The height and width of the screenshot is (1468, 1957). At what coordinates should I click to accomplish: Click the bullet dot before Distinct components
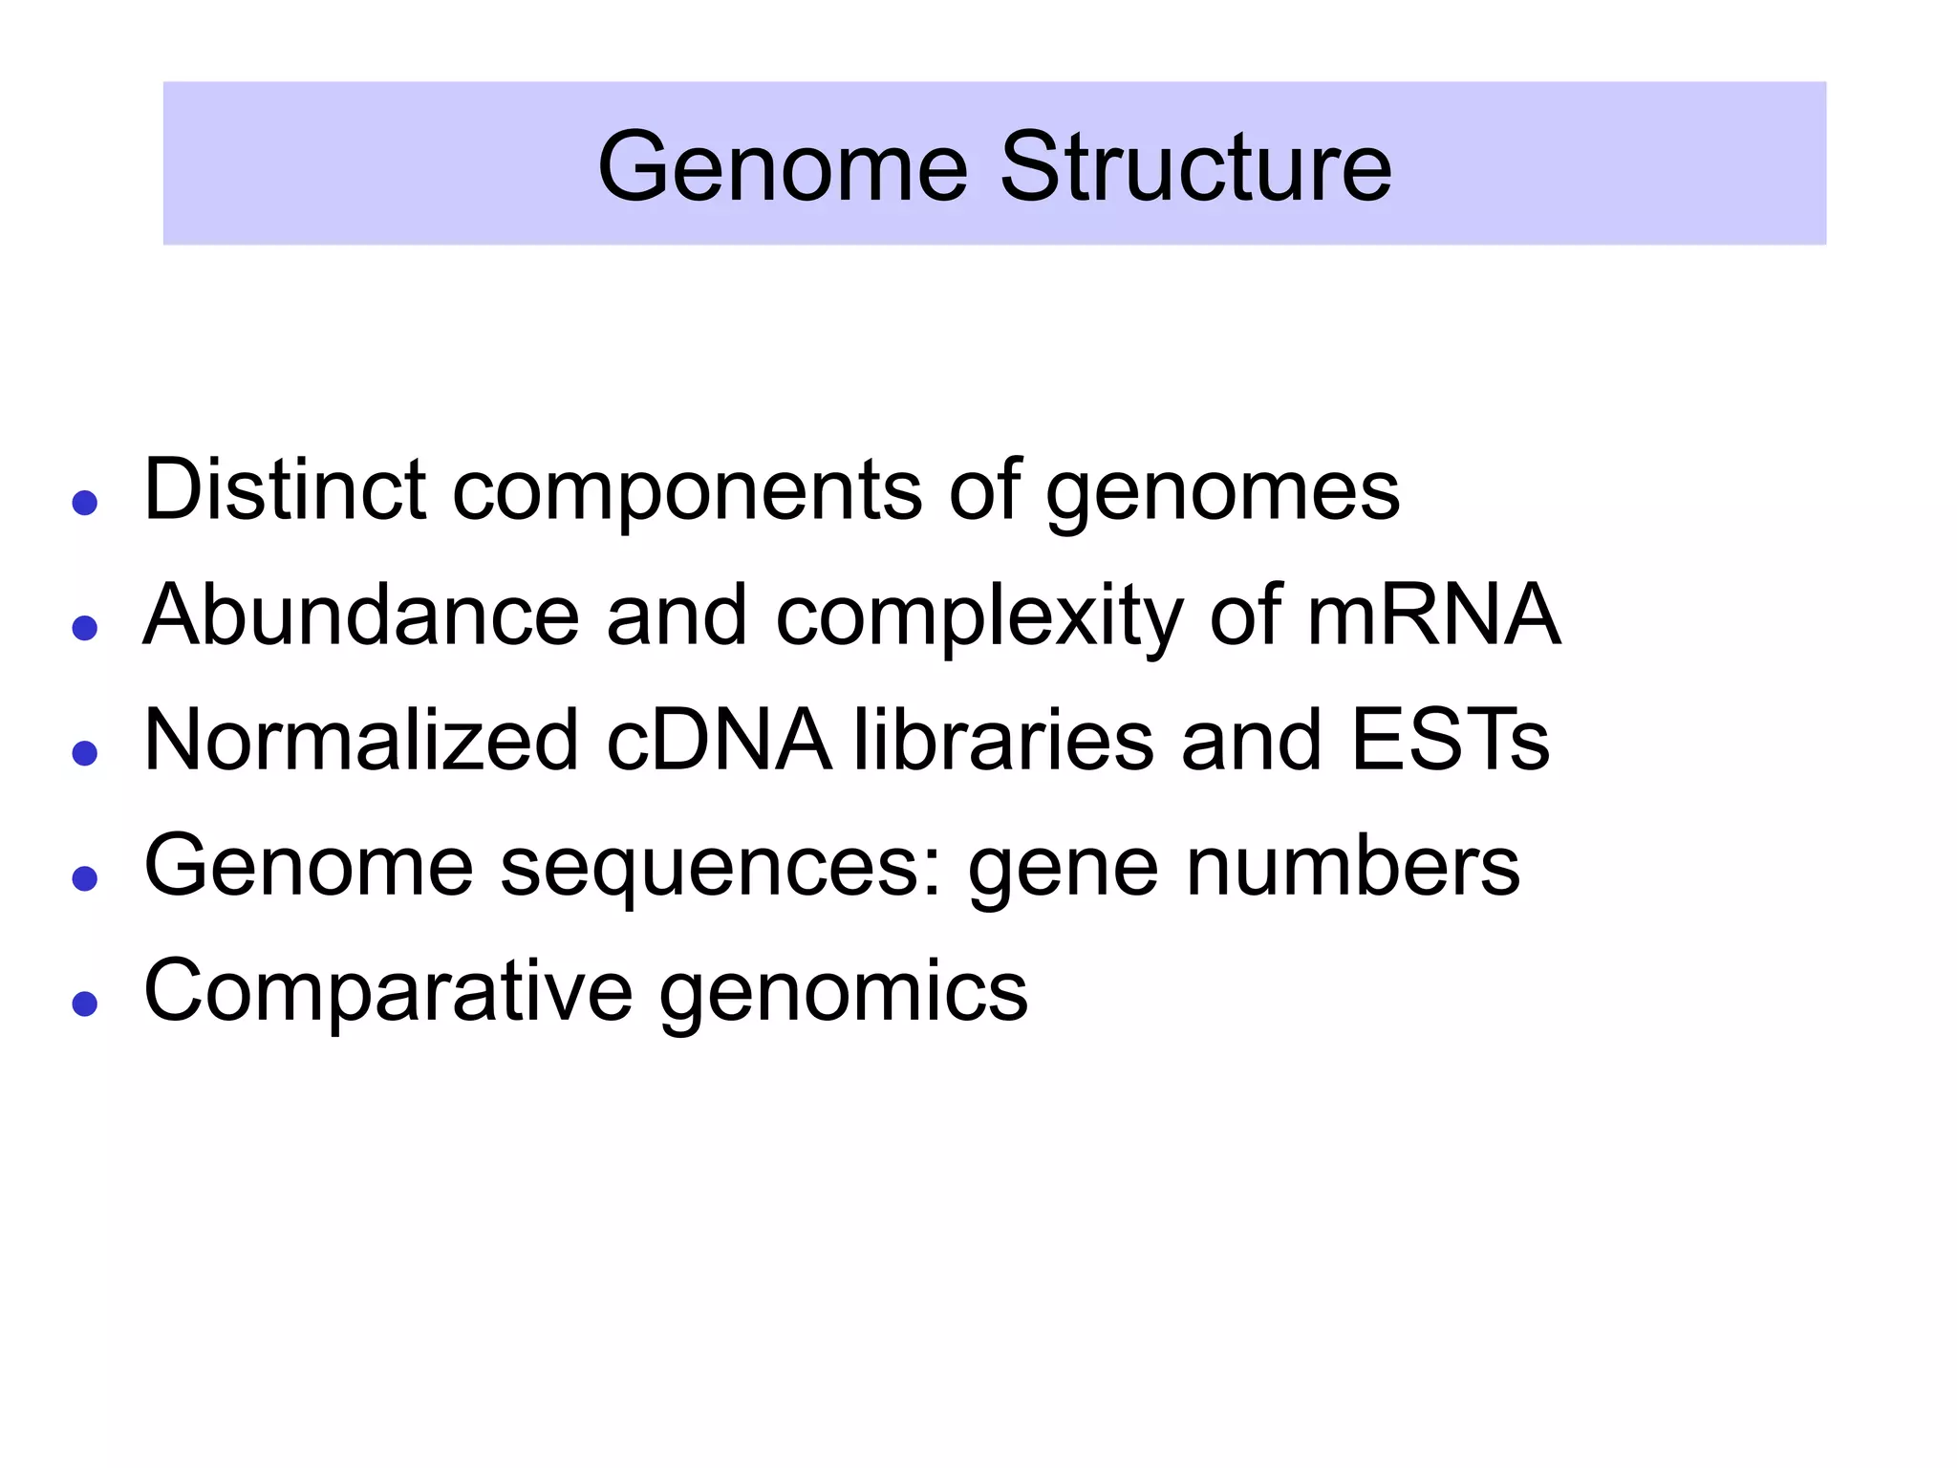tap(85, 503)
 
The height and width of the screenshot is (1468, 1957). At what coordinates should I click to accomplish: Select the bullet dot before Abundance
tap(85, 628)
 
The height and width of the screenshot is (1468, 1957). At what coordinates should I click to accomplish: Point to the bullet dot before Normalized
tap(85, 753)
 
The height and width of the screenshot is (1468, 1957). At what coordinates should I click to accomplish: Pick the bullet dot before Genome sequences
tap(85, 878)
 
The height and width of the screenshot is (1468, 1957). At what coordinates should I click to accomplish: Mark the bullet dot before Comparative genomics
tap(85, 1004)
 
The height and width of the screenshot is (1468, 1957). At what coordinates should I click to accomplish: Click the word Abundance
tap(361, 615)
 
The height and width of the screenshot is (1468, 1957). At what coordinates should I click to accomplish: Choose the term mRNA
tap(1432, 615)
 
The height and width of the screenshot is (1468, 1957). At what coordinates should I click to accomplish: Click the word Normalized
tap(361, 740)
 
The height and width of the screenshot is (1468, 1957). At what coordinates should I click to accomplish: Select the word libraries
tap(1003, 740)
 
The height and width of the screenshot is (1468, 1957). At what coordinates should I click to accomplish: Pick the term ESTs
tap(1450, 740)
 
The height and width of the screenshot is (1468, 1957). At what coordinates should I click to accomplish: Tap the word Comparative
tap(388, 992)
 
